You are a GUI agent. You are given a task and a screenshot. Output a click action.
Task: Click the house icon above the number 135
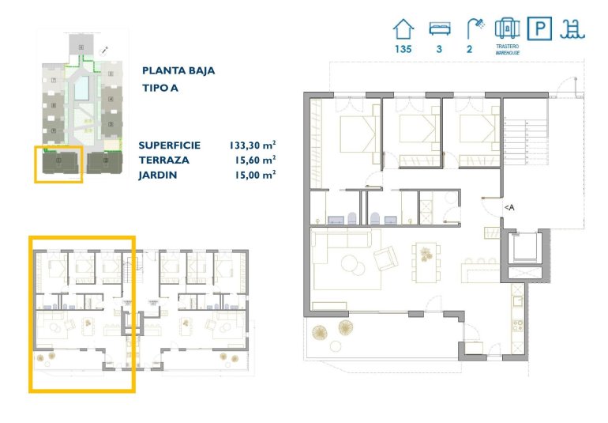tap(403, 29)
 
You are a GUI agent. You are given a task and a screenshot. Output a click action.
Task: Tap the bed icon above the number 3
tap(439, 29)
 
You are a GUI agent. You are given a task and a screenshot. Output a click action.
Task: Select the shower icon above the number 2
tap(475, 28)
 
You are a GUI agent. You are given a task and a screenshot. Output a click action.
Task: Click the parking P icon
tap(539, 29)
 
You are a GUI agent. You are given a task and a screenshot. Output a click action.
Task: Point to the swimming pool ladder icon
tap(571, 29)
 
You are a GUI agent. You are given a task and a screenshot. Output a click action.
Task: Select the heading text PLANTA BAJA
tap(178, 70)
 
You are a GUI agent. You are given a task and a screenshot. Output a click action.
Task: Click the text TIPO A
tap(160, 88)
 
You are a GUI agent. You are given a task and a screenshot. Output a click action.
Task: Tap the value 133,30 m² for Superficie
tap(252, 145)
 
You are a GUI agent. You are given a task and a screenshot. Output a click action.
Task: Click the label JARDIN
tap(158, 175)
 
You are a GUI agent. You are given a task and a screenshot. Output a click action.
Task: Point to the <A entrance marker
tap(510, 207)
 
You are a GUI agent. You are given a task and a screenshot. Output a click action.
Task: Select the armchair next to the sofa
tap(386, 259)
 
